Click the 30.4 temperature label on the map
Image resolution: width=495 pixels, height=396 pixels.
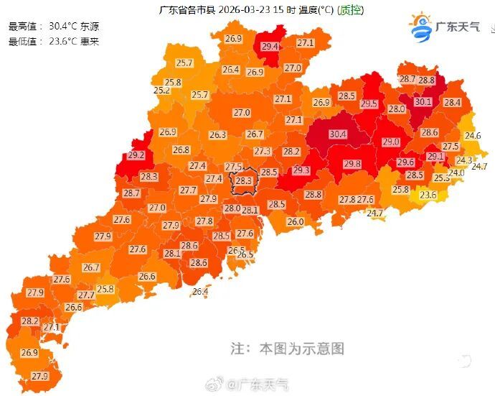tap(338, 134)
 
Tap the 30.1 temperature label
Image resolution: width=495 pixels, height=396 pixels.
tap(423, 102)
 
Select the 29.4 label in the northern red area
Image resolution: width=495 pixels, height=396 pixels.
tap(270, 47)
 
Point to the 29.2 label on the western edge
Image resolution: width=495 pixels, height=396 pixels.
tap(136, 155)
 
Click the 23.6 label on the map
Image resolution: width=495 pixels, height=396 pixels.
tap(428, 195)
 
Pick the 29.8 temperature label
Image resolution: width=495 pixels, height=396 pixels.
tap(352, 165)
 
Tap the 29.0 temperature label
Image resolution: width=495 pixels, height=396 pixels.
tap(391, 142)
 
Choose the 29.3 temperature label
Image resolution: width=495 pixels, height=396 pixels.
tap(301, 170)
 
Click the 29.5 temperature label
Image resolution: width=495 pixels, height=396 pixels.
tap(369, 104)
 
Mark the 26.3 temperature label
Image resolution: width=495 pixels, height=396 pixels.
tap(218, 135)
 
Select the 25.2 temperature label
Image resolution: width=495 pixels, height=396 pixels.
tap(161, 91)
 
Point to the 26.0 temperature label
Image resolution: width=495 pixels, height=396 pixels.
tap(296, 222)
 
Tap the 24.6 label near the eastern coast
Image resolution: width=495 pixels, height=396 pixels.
tap(473, 136)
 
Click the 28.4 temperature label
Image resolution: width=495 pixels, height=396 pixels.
tap(452, 103)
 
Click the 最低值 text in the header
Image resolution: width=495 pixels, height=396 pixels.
tap(22, 41)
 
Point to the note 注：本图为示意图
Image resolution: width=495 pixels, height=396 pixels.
tap(287, 349)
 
